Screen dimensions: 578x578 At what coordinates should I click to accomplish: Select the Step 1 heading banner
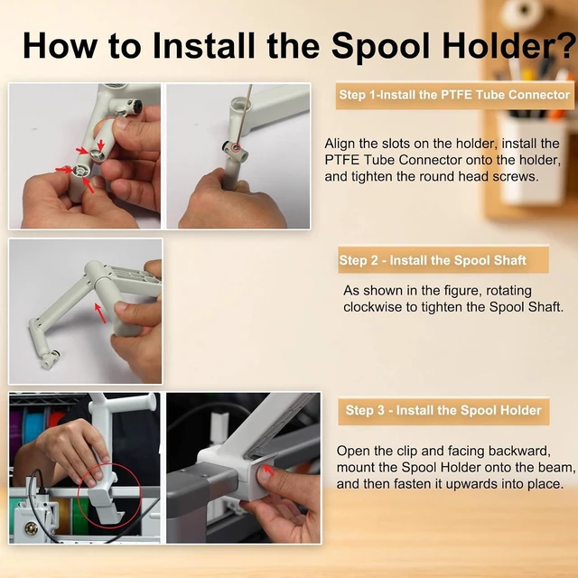pos(454,95)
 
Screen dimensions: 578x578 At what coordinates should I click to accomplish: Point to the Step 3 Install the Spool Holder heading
pos(443,410)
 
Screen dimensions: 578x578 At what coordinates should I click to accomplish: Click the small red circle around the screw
pos(236,148)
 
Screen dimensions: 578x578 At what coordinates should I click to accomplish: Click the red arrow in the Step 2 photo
pos(100,313)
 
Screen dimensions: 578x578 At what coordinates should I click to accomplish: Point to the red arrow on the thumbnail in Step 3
pos(269,471)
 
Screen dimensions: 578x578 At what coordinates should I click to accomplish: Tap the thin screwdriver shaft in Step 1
pos(243,115)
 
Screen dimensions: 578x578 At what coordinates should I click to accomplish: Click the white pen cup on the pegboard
pos(532,160)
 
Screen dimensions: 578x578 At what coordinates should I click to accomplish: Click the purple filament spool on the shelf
pos(16,432)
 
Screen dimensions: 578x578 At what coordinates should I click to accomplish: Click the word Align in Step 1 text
pos(340,144)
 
